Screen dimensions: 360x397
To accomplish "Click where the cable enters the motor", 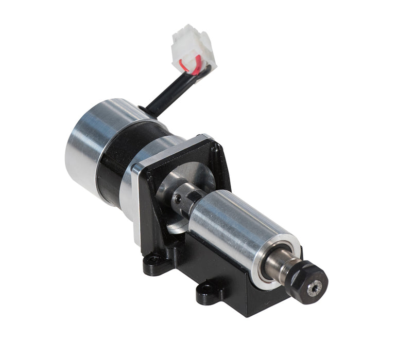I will (147, 111).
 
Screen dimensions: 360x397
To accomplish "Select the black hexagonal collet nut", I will (308, 282).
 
